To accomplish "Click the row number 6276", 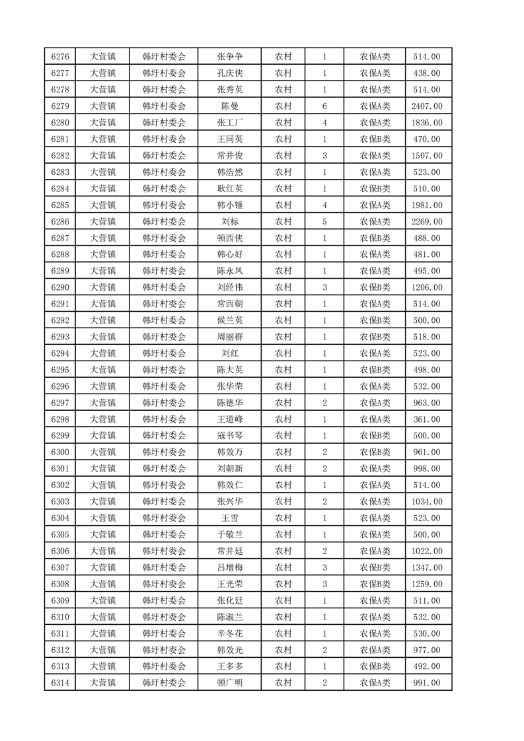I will click(60, 57).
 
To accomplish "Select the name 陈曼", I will click(230, 106).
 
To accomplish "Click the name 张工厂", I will click(230, 123).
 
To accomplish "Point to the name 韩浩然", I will click(230, 172).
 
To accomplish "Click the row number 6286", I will click(60, 222).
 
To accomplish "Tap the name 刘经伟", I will click(230, 287).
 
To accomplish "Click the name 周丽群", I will click(230, 337).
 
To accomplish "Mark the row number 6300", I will click(60, 452).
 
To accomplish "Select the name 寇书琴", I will click(230, 436).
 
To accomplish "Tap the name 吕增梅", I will click(230, 567).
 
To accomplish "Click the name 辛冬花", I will click(230, 633).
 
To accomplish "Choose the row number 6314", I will click(60, 683).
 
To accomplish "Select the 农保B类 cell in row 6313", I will click(375, 666).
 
